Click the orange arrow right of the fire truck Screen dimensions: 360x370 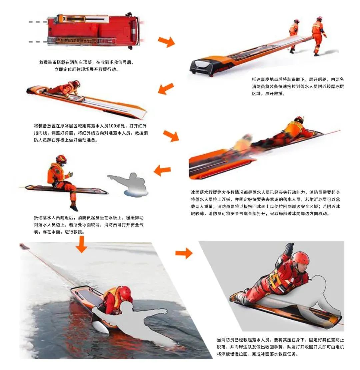[167, 42]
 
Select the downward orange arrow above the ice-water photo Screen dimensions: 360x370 [82, 244]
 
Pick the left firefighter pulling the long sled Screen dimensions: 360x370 [294, 35]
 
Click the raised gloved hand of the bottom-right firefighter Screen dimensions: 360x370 [290, 248]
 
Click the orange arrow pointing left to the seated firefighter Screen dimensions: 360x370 [162, 170]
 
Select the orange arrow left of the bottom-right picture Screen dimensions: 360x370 [184, 253]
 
